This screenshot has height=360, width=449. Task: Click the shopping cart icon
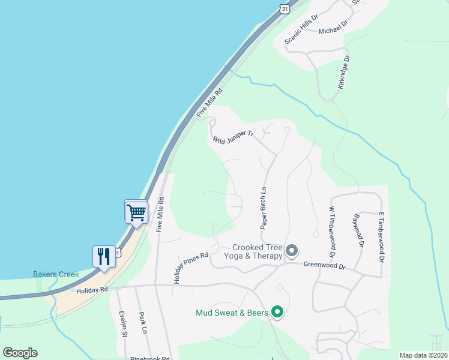coord(136,212)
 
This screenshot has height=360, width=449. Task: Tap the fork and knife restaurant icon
coord(104,256)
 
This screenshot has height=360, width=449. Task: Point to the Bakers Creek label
coord(56,274)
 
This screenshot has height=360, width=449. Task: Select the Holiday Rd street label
coord(92,289)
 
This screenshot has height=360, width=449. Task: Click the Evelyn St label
coord(122,324)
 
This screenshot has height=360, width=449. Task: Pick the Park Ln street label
coord(142,322)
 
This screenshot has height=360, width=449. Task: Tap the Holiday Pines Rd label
coord(191,268)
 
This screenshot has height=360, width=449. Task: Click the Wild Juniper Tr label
coord(234,139)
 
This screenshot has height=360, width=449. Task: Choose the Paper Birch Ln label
coord(263,208)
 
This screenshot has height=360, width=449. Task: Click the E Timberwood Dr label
coord(381,236)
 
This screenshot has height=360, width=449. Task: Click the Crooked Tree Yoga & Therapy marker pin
coord(292,250)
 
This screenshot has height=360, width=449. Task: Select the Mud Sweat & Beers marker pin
coord(277,311)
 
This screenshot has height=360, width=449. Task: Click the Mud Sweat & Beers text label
coord(231,312)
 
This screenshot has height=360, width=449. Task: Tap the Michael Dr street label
coord(333,28)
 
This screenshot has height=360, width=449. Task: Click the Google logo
coord(20,353)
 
